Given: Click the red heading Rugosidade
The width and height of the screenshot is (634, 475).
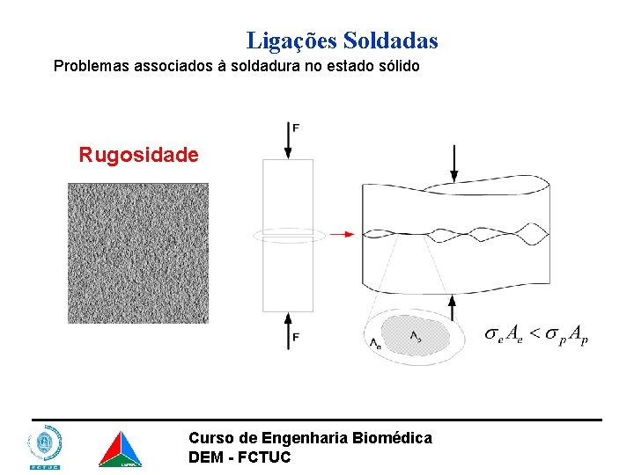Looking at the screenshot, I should [139, 155].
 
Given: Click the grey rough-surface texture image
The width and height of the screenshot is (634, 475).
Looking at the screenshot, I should [138, 253].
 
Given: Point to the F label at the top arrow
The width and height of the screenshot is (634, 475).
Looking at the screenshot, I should [296, 128].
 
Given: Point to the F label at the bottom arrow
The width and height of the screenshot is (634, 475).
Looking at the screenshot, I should [296, 337].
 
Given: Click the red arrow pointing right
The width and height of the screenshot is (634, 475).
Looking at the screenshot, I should [343, 235].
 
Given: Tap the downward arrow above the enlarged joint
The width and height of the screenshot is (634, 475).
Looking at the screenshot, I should [453, 163].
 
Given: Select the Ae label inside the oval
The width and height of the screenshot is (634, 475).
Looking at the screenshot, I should [377, 345].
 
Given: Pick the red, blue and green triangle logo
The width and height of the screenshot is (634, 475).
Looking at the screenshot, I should [119, 449].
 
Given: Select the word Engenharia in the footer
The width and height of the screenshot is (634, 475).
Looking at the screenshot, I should [299, 438].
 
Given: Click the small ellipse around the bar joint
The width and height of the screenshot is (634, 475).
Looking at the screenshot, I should [288, 235].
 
